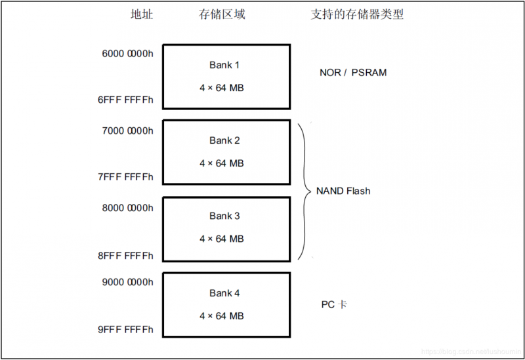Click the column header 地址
click(141, 14)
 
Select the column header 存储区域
click(222, 14)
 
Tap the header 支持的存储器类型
click(357, 14)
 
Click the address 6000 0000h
click(127, 54)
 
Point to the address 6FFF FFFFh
click(125, 100)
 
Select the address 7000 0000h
click(127, 130)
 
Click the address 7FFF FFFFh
click(125, 176)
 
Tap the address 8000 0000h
click(127, 208)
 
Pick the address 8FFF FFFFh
click(125, 255)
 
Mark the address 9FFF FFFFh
click(125, 330)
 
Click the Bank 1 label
click(224, 65)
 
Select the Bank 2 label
click(224, 140)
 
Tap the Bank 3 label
click(224, 216)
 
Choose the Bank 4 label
click(224, 293)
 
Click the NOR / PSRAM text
click(353, 73)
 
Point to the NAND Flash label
click(343, 191)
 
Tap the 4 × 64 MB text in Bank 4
click(222, 315)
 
